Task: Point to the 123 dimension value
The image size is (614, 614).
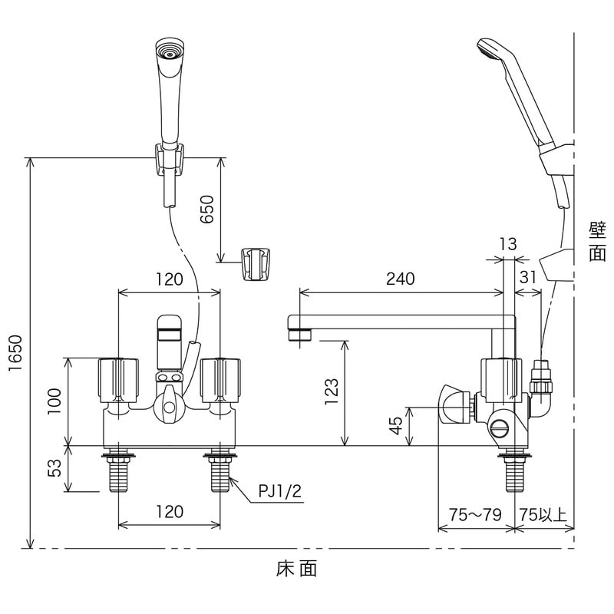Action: coord(331,391)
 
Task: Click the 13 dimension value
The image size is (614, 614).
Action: coord(508,244)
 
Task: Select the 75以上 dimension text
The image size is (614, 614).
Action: coord(543,514)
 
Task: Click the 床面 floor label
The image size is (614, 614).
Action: coord(295,569)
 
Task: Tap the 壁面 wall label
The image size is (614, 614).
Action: coord(597,242)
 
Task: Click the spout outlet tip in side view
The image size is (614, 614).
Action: coord(297,335)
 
